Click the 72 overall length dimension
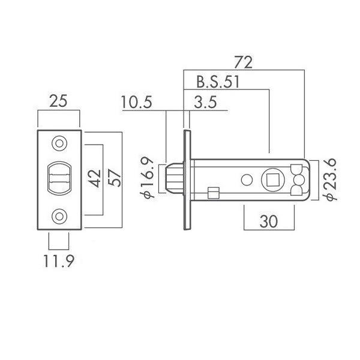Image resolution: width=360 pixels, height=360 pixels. [x=244, y=62]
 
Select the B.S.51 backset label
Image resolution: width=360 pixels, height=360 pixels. [x=218, y=82]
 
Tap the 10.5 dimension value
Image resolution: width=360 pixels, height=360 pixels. [x=136, y=102]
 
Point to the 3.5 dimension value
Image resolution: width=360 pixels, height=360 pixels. [x=205, y=102]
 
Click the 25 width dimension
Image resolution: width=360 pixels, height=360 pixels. [x=58, y=101]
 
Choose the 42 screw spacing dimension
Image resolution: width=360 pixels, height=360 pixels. [x=95, y=178]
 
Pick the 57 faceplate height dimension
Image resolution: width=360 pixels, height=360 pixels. [x=115, y=178]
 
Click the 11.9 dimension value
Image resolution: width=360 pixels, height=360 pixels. [x=59, y=261]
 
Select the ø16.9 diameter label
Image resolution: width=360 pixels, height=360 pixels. [x=147, y=178]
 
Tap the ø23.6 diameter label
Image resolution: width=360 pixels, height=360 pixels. [x=329, y=179]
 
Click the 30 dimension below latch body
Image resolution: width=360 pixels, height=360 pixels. [x=269, y=221]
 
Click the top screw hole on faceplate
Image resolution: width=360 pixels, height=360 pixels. [x=59, y=143]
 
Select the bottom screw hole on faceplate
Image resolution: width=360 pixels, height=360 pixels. [x=59, y=216]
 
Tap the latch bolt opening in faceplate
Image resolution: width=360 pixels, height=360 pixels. [x=59, y=178]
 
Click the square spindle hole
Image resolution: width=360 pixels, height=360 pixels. [x=273, y=179]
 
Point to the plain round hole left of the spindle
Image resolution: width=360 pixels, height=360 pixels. [x=247, y=180]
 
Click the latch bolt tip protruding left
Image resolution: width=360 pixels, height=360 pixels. [x=174, y=179]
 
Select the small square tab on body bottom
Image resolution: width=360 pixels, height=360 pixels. [x=214, y=193]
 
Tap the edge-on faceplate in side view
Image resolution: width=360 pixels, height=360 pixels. [x=187, y=180]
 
